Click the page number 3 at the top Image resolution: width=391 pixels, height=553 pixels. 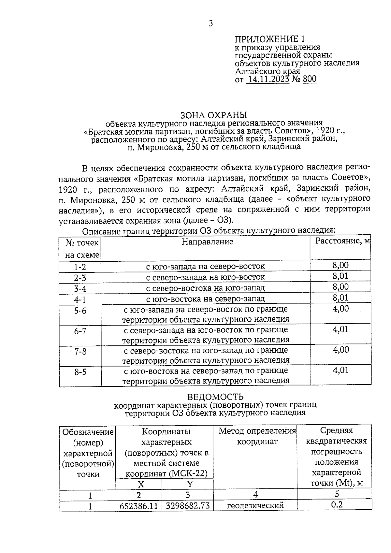pos(211,23)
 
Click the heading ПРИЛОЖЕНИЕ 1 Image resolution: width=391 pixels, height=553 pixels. pos(270,39)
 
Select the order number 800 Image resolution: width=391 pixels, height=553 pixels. pos(310,79)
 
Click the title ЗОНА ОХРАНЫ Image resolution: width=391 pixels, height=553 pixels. pos(214,115)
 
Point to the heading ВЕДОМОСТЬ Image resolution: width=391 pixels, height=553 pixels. pos(215,397)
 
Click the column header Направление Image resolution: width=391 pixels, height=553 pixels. pos(208,242)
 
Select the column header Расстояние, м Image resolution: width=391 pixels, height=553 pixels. pos(343,241)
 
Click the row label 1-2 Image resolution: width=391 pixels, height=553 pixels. pos(80,267)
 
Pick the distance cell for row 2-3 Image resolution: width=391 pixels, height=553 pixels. pos(340,276)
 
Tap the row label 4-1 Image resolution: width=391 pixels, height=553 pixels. pos(80,299)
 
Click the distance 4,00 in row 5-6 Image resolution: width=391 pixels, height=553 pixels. pos(340,309)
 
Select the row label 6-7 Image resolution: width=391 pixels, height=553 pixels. pos(80,331)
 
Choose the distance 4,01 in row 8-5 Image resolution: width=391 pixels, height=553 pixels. pos(340,370)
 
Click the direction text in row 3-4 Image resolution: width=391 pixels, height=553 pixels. pos(205,288)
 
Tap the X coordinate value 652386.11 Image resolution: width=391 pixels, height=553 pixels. pos(139,506)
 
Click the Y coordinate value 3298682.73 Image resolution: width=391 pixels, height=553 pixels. pos(187,506)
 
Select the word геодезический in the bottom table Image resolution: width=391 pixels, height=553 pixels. pos(255,506)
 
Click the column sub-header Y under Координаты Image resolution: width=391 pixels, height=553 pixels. pos(190,484)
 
